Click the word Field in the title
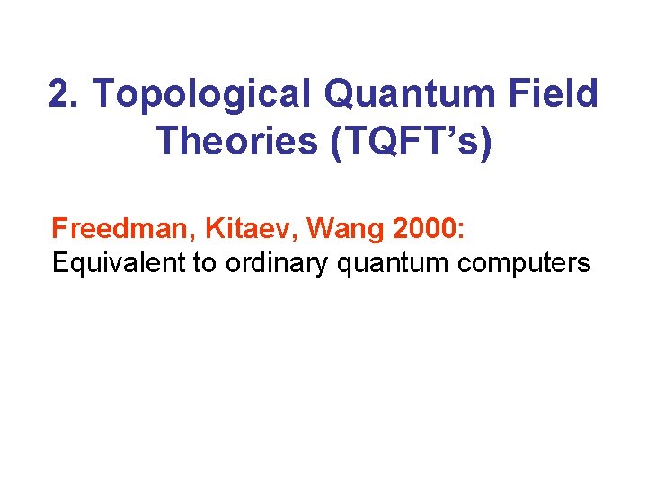pos(553,94)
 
